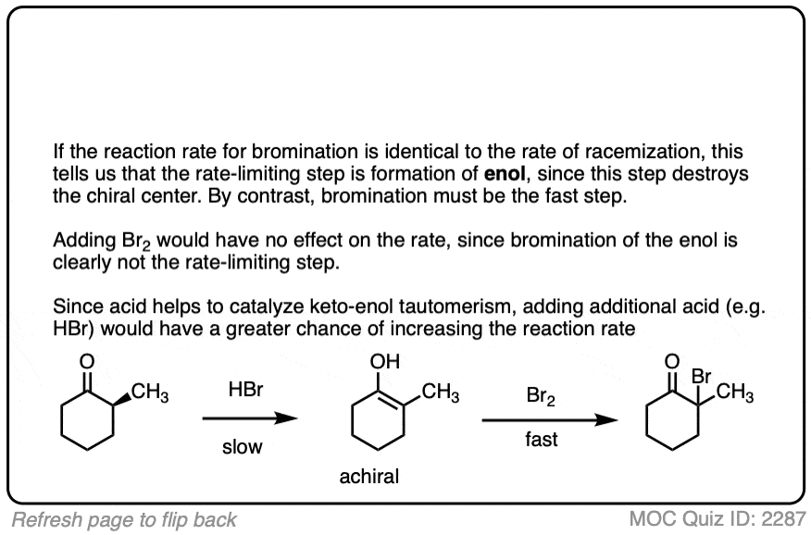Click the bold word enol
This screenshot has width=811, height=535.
[x=505, y=174]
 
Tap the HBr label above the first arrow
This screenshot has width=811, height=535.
[x=245, y=389]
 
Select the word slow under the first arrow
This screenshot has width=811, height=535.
[x=242, y=447]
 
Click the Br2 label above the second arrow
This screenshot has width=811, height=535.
[x=541, y=396]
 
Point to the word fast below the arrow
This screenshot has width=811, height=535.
[x=541, y=440]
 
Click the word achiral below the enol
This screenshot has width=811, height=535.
[x=368, y=476]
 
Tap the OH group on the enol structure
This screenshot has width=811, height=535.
[x=385, y=361]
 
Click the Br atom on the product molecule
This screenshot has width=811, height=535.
[x=702, y=377]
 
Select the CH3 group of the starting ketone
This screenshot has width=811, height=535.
[x=150, y=392]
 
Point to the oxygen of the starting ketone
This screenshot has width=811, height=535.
[x=87, y=361]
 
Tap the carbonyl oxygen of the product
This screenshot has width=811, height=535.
[x=672, y=361]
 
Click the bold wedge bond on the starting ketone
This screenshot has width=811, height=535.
[x=121, y=400]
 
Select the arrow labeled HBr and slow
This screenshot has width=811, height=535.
[x=250, y=418]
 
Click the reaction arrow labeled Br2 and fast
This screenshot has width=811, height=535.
[x=550, y=419]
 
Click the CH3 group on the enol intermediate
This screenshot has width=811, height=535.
[x=441, y=392]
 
